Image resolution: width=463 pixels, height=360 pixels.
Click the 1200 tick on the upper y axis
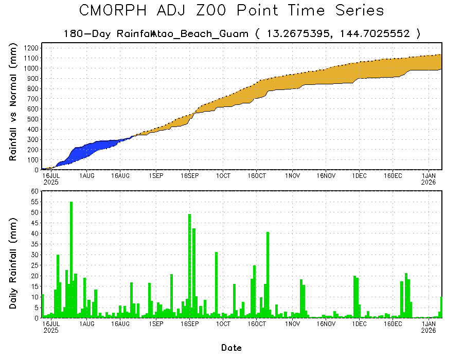point(31,48)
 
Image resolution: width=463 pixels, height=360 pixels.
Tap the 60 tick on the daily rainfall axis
point(35,191)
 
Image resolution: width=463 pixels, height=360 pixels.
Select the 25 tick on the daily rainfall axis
point(35,265)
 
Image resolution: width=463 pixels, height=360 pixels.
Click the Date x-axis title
point(231,348)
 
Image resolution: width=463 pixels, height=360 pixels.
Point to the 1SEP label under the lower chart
point(156,324)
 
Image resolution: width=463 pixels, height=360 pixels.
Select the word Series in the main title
point(358,11)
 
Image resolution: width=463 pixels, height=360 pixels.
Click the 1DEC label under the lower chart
point(359,324)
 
